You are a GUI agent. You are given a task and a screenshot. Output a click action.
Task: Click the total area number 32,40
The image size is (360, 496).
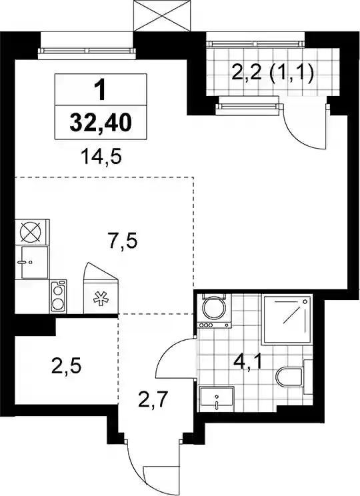(101, 123)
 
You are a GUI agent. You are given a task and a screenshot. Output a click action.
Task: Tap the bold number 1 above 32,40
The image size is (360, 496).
(101, 90)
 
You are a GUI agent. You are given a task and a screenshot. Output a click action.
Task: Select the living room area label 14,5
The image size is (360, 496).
(101, 157)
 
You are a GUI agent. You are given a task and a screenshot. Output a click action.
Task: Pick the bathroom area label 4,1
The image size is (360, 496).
(248, 362)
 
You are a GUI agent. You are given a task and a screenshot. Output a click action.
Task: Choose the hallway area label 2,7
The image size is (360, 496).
(153, 399)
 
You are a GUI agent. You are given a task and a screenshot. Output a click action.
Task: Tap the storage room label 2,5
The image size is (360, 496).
(66, 366)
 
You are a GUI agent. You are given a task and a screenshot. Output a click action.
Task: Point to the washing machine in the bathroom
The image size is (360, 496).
(215, 311)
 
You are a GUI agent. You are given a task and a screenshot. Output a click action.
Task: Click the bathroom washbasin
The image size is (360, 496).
(217, 398)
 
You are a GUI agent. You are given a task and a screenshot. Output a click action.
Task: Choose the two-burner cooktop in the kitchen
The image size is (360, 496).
(58, 297)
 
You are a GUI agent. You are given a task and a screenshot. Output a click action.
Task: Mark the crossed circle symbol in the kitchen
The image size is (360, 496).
(31, 232)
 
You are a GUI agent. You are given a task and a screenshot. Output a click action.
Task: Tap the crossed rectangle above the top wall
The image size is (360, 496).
(163, 15)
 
